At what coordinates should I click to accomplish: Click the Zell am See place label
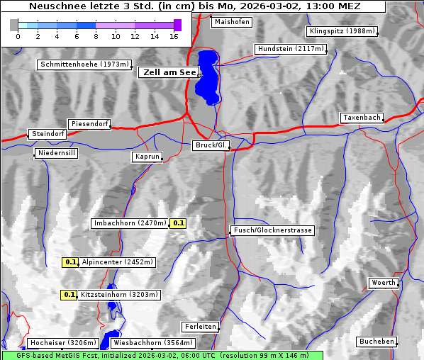[169, 72]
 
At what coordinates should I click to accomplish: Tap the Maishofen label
[231, 22]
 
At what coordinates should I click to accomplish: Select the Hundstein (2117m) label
[291, 49]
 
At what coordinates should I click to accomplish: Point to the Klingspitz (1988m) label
[342, 30]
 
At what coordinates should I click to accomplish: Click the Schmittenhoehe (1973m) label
[84, 64]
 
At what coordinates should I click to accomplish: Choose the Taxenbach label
[362, 118]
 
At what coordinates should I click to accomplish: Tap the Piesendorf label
[89, 124]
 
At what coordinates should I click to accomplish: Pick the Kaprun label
[147, 157]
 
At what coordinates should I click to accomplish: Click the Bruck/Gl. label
[211, 145]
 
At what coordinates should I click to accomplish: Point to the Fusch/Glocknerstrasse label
[272, 230]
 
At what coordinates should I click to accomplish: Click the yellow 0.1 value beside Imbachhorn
[179, 223]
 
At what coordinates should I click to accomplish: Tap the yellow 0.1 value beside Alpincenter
[70, 262]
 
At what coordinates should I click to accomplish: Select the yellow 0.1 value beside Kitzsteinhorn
[69, 295]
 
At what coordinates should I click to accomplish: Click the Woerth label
[384, 283]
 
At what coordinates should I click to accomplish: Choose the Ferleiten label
[199, 327]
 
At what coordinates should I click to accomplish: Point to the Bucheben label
[376, 342]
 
